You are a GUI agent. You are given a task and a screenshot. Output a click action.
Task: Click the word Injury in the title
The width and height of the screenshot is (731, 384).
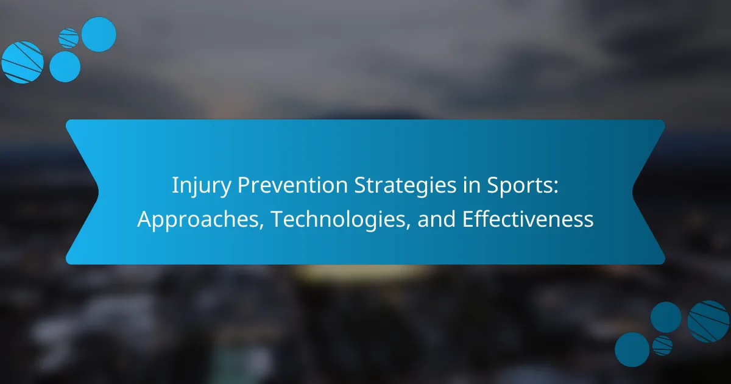202,186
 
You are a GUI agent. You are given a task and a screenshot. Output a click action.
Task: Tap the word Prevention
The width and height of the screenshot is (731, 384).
292,185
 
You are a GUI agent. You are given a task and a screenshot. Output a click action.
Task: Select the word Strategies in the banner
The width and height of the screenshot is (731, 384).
405,186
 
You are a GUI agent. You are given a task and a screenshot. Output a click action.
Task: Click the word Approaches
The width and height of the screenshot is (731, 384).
198,220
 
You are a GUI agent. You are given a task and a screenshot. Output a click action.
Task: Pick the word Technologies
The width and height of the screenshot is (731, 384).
338,220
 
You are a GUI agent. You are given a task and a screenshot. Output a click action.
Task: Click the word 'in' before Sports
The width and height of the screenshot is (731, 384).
471,185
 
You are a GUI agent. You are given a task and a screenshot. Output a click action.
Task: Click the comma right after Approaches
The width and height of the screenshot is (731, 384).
261,226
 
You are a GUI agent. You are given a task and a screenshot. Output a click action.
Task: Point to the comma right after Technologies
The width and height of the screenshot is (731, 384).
408,226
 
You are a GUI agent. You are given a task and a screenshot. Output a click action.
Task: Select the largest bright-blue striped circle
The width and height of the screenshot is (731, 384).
23,62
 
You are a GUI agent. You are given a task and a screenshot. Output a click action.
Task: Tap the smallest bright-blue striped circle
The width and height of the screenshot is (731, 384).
68,38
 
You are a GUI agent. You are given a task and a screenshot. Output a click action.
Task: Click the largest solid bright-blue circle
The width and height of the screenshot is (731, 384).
99,34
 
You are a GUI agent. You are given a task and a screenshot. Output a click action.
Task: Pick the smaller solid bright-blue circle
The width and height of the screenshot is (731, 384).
65,66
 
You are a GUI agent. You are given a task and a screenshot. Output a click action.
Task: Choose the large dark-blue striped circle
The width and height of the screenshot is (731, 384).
708,321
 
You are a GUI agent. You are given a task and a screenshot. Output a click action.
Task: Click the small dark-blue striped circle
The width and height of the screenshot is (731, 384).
663,346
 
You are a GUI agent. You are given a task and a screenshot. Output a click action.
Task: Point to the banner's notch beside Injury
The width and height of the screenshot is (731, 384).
98,192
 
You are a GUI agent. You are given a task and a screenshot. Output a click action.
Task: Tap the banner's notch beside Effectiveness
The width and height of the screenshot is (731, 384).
633,192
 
